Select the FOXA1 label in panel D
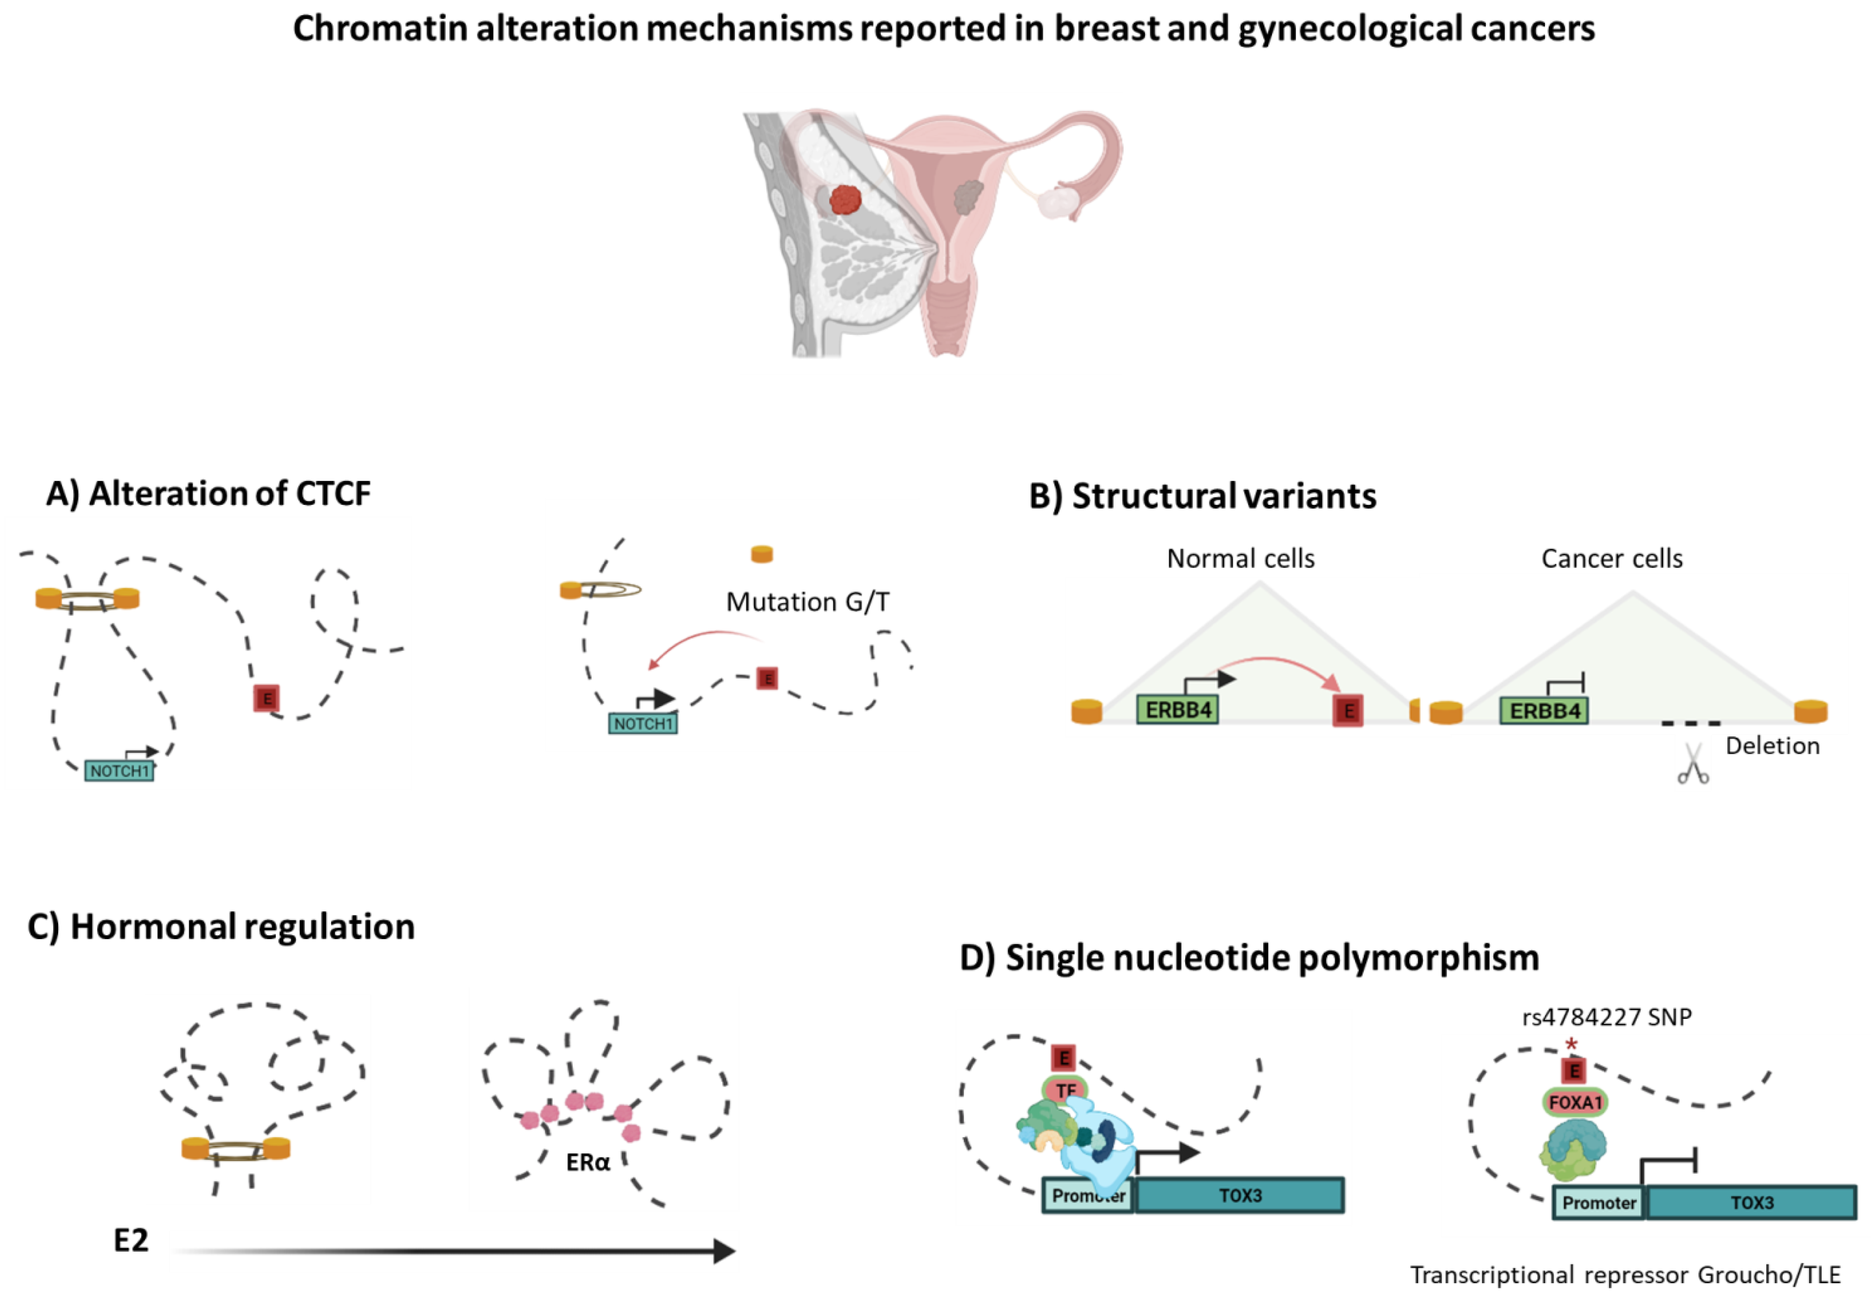[1574, 1103]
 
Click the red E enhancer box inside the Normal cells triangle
[1348, 711]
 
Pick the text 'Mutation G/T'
[807, 602]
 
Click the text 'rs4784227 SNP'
[1606, 1017]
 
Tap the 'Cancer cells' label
[1612, 558]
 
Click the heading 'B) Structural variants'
[1202, 496]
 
